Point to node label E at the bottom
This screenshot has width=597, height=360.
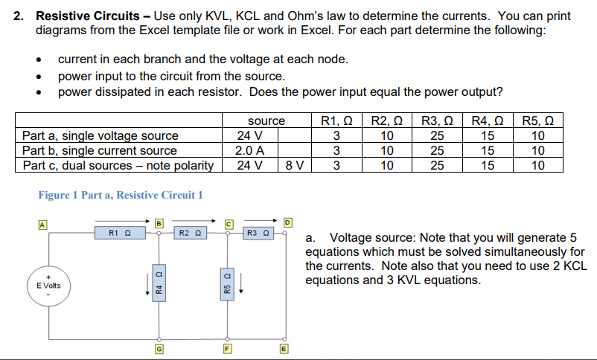click(284, 346)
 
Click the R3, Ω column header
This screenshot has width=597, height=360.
click(438, 120)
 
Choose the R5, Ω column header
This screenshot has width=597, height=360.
click(538, 120)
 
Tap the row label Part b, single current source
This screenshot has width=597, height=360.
click(100, 150)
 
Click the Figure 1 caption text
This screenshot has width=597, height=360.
click(121, 195)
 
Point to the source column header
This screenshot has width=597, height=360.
click(266, 120)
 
